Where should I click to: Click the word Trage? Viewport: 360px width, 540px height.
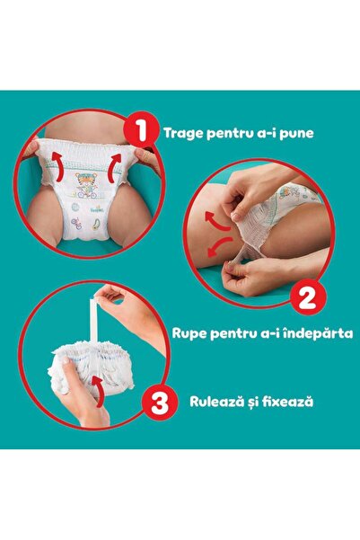click(184, 133)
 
